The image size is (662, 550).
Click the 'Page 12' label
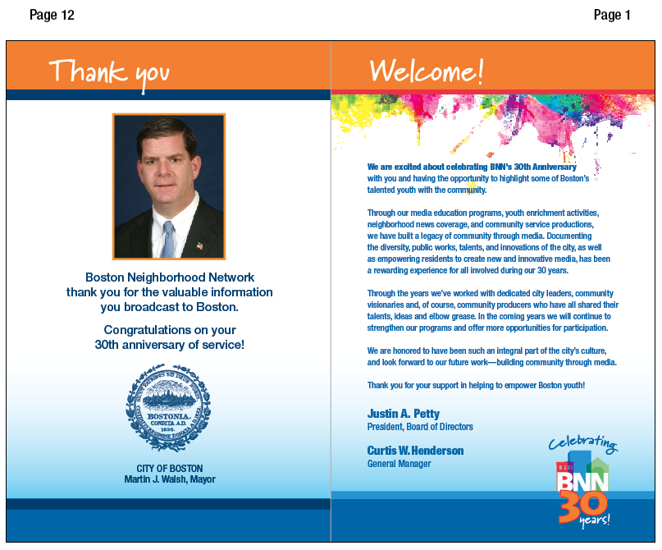(52, 15)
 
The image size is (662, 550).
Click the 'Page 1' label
(612, 15)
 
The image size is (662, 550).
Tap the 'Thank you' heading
(108, 71)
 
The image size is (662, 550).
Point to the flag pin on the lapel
(199, 245)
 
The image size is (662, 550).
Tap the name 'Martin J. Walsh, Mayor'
(169, 479)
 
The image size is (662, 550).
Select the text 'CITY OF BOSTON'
(169, 469)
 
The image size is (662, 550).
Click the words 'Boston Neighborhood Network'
(169, 277)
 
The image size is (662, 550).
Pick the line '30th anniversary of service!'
(169, 345)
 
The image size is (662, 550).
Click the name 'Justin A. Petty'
(404, 414)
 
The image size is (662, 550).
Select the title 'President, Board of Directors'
(420, 427)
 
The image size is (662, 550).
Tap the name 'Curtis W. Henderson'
(415, 451)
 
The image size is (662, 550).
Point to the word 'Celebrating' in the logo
(583, 444)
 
